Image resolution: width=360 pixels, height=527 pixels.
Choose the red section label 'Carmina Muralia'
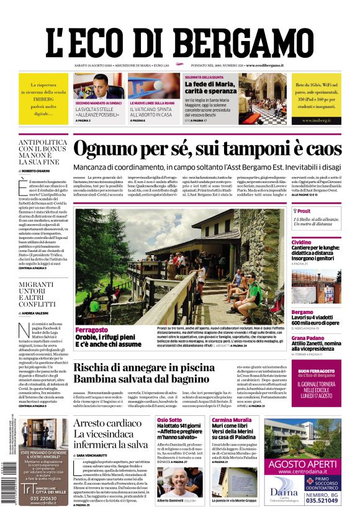coord(232,420)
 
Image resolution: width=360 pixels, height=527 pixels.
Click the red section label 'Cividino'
coord(302,241)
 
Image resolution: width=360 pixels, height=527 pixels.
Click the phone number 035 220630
coord(43,497)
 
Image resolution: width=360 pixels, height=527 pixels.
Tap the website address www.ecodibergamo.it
coord(264,65)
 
